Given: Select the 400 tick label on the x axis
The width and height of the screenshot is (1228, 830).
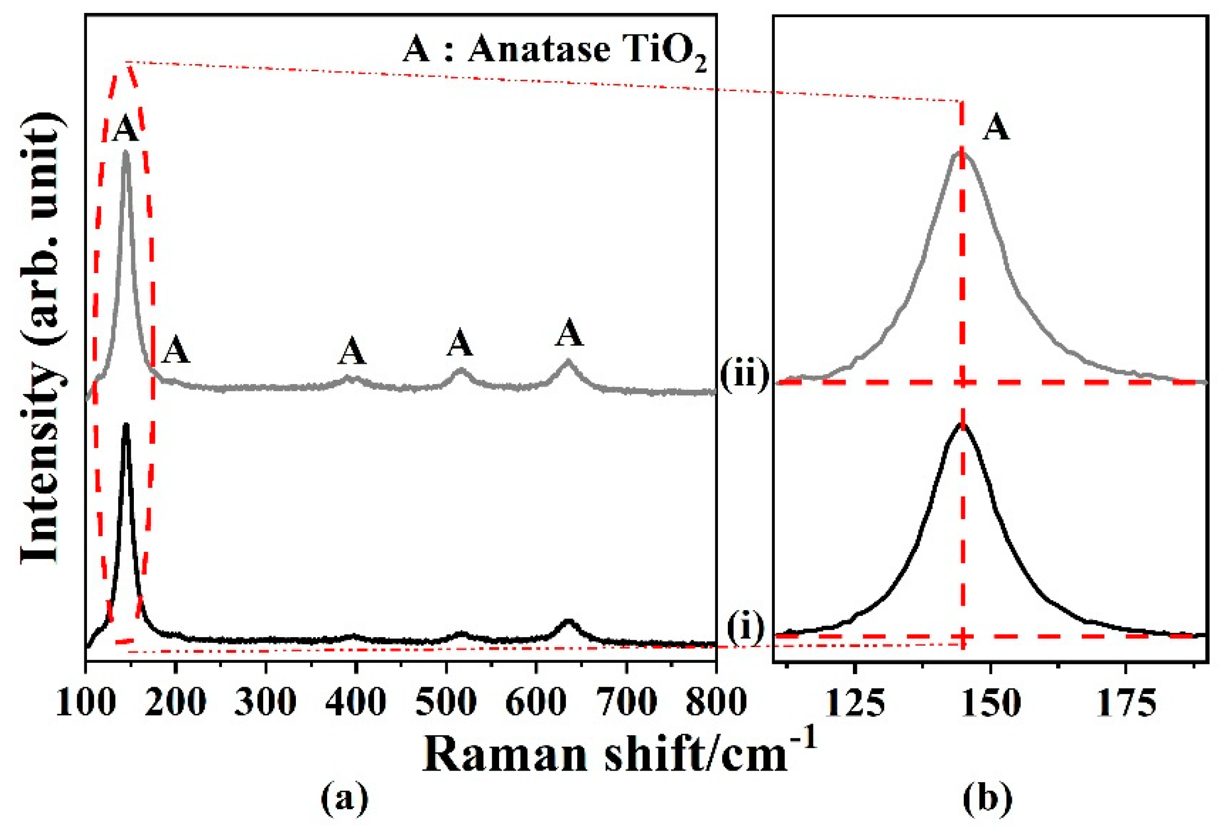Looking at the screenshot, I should (x=356, y=703).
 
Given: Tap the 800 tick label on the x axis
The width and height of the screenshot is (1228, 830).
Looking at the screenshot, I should (x=716, y=703).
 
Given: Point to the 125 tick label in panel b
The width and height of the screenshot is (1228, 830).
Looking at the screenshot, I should (x=854, y=703).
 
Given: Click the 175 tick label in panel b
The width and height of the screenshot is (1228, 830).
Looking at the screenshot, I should (x=1126, y=703).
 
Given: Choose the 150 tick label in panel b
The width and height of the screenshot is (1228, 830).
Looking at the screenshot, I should (x=990, y=703).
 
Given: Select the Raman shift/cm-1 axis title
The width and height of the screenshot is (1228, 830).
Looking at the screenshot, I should (x=618, y=755).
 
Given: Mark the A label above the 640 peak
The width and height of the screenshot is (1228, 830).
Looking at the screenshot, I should (x=569, y=333).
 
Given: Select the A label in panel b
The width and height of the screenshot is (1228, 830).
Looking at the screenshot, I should (x=996, y=128).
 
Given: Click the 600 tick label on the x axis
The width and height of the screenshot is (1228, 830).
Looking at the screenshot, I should (x=536, y=703).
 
